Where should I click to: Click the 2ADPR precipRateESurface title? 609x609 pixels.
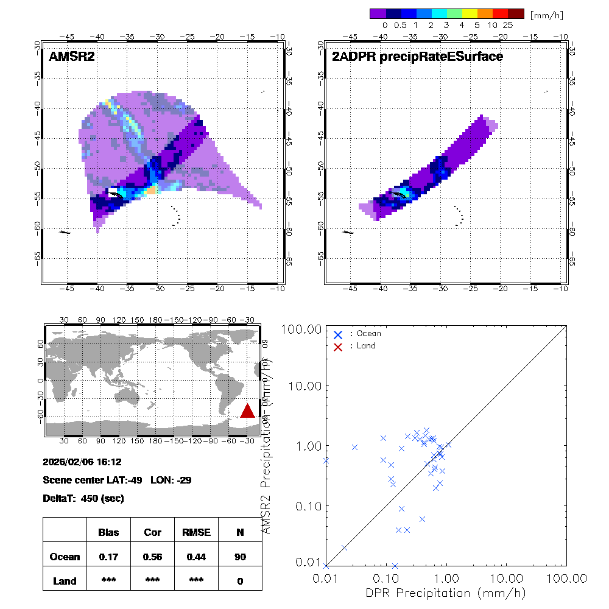pyautogui.click(x=417, y=57)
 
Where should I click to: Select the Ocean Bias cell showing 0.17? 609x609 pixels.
pyautogui.click(x=108, y=557)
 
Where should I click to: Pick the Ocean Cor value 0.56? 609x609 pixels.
pyautogui.click(x=152, y=557)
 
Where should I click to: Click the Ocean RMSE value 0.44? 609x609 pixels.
pyautogui.click(x=196, y=557)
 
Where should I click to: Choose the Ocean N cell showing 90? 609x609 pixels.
pyautogui.click(x=240, y=557)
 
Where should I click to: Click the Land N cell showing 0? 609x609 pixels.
pyautogui.click(x=240, y=581)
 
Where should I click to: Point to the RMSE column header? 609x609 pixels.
pyautogui.click(x=196, y=532)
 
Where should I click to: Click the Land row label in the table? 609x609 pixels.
pyautogui.click(x=65, y=581)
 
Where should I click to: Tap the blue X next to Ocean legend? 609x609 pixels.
pyautogui.click(x=338, y=334)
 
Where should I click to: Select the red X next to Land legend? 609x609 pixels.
pyautogui.click(x=338, y=346)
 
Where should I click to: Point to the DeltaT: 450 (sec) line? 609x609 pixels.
pyautogui.click(x=83, y=498)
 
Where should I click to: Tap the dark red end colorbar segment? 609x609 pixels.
pyautogui.click(x=515, y=13)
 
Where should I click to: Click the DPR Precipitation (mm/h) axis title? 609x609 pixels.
pyautogui.click(x=446, y=593)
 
